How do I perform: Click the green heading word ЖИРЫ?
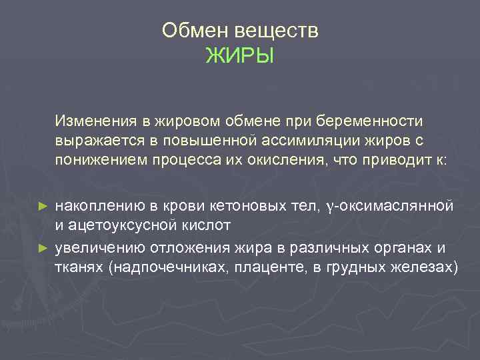click(239, 55)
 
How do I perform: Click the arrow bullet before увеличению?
click(44, 246)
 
